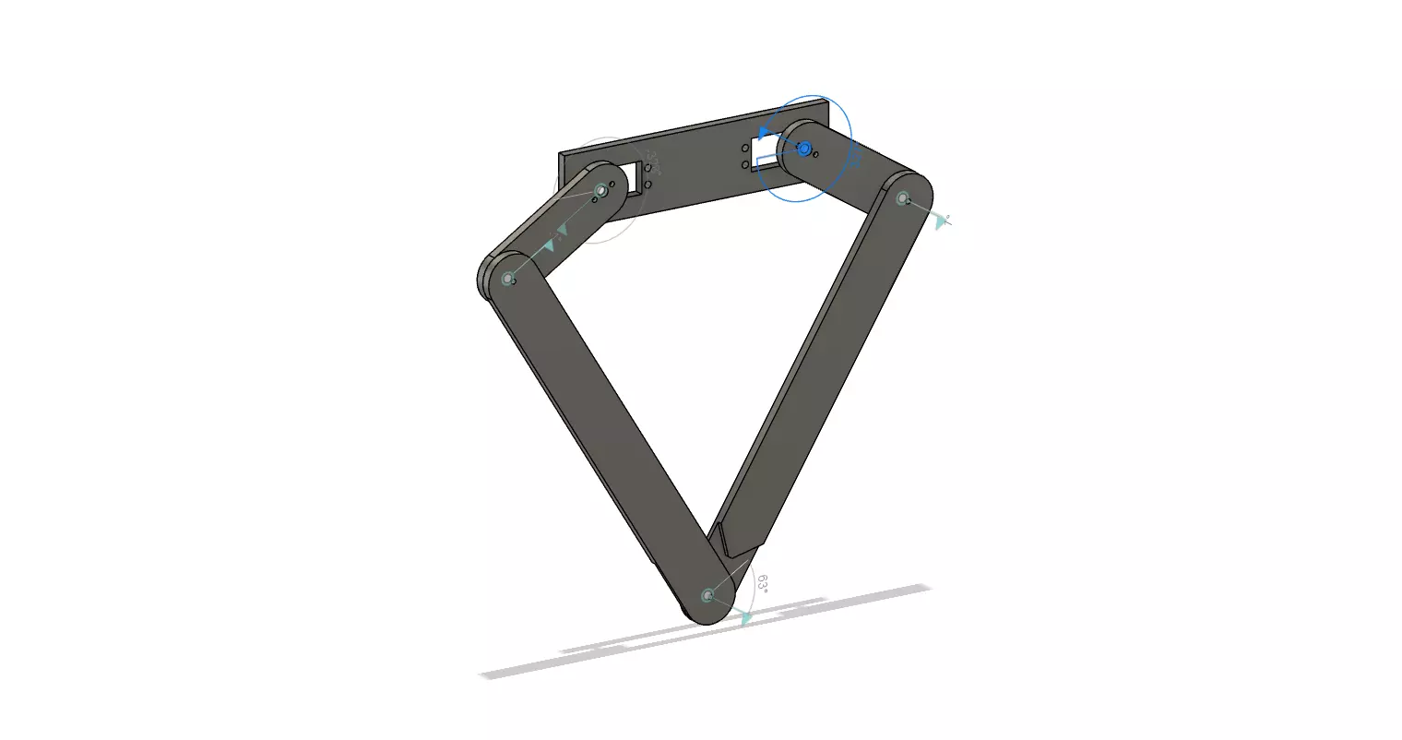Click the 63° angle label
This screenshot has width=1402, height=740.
(762, 584)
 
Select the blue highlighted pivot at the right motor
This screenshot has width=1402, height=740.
(803, 148)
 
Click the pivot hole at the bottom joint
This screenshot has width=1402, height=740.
(707, 595)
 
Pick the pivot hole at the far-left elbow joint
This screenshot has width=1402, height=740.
(506, 278)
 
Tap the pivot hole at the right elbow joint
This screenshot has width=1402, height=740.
(902, 197)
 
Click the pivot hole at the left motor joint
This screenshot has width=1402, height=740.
(601, 191)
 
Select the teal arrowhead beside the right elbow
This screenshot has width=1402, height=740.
(941, 221)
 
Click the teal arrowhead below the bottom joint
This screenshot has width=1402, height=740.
(745, 620)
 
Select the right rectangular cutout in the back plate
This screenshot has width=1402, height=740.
(765, 150)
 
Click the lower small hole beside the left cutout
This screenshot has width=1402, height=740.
(648, 185)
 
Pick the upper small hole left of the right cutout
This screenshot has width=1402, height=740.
(745, 148)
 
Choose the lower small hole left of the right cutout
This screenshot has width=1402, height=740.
(745, 165)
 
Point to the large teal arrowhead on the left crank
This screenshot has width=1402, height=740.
(550, 245)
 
